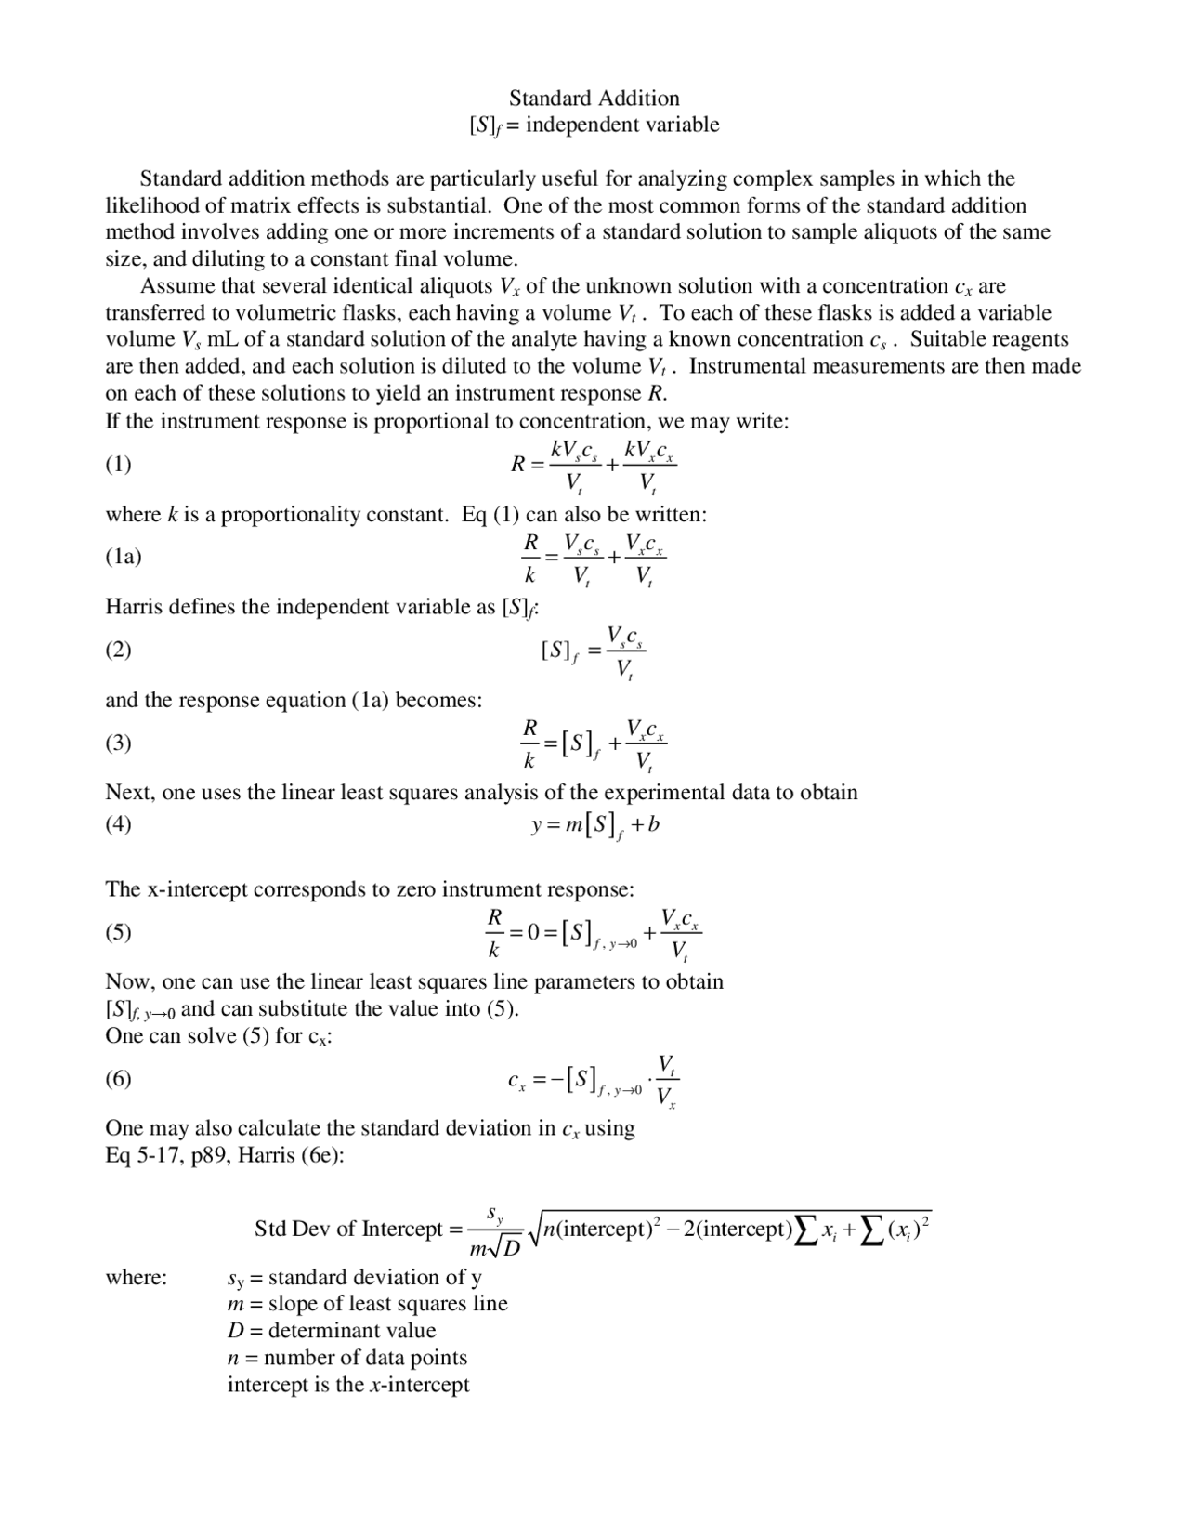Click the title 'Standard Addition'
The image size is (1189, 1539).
tap(594, 99)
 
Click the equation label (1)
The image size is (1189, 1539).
tap(118, 464)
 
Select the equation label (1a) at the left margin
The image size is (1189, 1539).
tap(123, 557)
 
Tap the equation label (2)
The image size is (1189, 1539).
tap(118, 649)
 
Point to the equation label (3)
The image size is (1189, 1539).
tap(118, 743)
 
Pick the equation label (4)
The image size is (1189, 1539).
tap(118, 824)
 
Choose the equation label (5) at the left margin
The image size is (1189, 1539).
tap(118, 932)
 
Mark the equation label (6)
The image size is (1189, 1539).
tap(118, 1078)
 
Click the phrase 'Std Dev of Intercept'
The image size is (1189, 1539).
tap(347, 1230)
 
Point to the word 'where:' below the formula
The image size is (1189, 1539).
tap(136, 1278)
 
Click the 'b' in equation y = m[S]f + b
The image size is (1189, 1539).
tap(654, 824)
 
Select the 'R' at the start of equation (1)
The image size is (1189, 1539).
tap(518, 464)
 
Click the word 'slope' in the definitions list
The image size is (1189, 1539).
tap(294, 1304)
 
